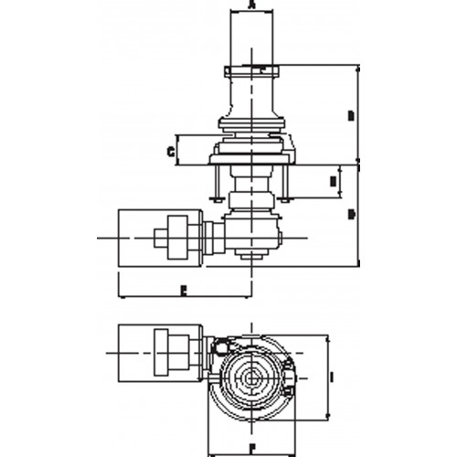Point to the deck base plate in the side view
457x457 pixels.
click(251, 159)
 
